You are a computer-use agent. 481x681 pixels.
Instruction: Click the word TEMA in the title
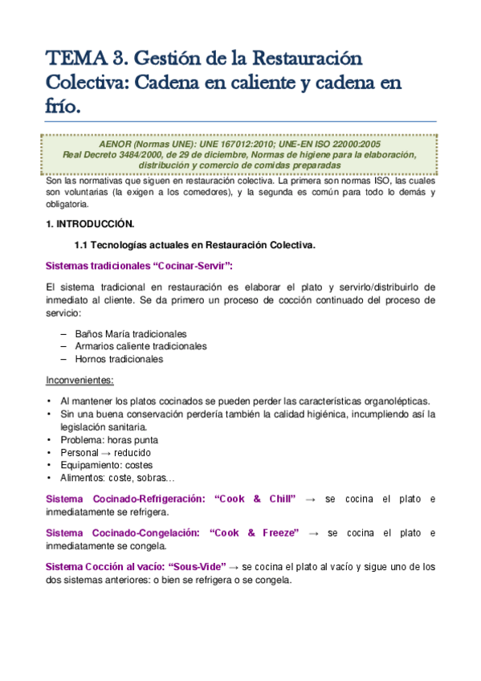coord(69,59)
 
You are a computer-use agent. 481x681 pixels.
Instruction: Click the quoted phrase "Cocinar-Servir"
coord(194,266)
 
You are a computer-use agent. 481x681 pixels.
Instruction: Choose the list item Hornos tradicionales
coord(119,359)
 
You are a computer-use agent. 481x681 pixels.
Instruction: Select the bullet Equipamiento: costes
coord(106,465)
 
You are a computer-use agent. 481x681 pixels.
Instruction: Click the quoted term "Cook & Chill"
coord(255,500)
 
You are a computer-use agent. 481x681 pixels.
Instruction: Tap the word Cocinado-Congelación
coord(148,533)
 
